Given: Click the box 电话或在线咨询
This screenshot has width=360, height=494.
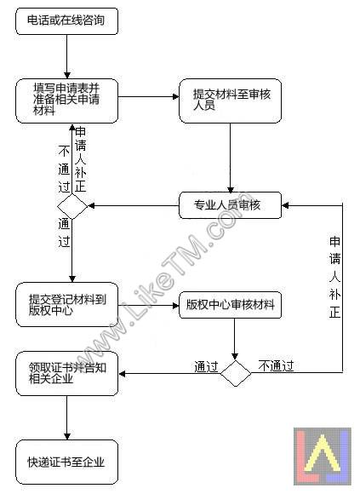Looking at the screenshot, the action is (66, 21).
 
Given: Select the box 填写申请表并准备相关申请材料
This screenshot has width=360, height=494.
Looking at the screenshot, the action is (66, 101).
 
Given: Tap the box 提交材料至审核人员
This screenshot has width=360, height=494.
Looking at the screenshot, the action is (230, 101).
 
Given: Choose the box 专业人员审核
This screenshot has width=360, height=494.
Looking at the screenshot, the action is (230, 205).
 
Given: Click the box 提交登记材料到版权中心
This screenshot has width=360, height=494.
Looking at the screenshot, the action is (66, 304).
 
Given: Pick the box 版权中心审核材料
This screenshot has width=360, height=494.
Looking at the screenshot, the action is (230, 305).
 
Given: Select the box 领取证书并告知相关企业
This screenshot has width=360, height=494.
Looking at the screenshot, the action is (66, 373).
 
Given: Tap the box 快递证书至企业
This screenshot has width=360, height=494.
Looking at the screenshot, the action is (66, 462).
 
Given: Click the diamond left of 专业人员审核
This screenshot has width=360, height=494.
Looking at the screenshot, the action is (72, 206).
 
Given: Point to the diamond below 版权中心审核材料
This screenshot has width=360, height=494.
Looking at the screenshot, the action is (236, 374).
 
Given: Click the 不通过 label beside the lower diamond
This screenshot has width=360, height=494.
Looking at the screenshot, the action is (276, 365).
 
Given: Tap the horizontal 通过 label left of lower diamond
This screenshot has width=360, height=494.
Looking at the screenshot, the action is (206, 367).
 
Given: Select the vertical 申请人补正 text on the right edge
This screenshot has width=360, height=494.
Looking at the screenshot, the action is (334, 278).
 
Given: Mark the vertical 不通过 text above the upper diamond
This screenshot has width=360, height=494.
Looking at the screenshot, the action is (64, 169).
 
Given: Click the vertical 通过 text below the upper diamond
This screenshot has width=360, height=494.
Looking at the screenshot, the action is (64, 233).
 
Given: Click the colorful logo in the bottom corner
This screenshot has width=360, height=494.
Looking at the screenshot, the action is (323, 457).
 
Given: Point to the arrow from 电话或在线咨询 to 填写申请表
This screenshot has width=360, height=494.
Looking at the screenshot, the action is (67, 57).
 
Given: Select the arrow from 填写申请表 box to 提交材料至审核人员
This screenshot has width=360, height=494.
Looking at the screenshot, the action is (149, 96).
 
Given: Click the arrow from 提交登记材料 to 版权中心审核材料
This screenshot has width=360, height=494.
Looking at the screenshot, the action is (149, 305).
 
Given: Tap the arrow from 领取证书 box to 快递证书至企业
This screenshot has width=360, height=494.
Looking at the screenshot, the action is (67, 417).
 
